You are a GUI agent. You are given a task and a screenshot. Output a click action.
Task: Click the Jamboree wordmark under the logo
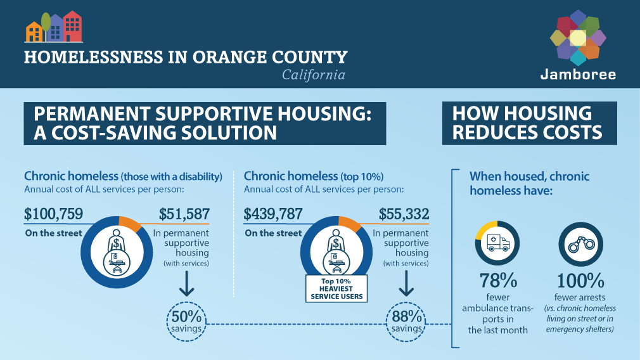(578, 74)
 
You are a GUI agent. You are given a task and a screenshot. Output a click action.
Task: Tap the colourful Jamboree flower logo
(578, 37)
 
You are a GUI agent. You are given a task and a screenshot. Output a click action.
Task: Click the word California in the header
(314, 75)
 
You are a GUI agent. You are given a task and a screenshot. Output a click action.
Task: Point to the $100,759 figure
(53, 214)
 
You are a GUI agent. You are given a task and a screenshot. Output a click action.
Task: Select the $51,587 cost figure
(184, 214)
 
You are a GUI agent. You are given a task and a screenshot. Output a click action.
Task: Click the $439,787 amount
(273, 214)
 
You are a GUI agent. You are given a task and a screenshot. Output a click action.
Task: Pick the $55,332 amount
(404, 214)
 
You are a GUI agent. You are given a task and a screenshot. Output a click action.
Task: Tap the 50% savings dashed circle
(187, 321)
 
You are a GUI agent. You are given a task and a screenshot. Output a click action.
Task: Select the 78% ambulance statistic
(497, 280)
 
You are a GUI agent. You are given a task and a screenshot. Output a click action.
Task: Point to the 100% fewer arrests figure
(580, 280)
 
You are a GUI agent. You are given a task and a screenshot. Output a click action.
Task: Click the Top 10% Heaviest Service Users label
(336, 289)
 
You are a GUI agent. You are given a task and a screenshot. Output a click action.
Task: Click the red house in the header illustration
(73, 27)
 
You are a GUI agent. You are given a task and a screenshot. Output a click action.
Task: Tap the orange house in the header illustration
(34, 31)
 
